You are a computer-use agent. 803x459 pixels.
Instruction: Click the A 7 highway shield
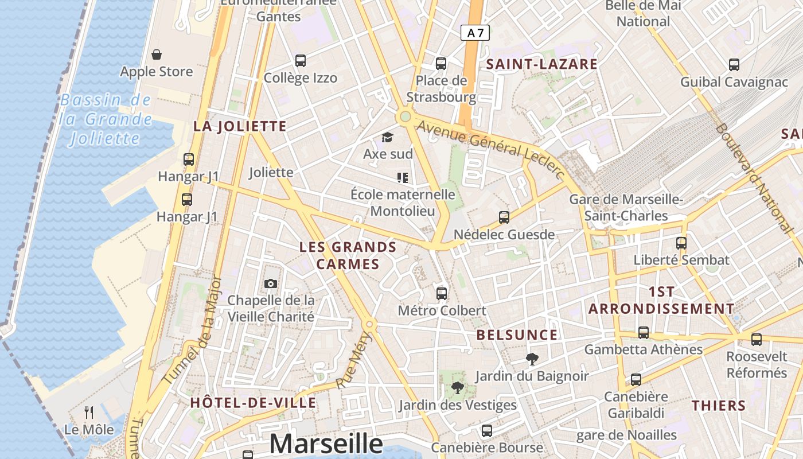click(475, 33)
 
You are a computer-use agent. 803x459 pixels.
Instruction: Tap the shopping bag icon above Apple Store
click(157, 55)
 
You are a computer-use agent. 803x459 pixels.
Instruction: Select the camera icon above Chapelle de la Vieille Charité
click(271, 283)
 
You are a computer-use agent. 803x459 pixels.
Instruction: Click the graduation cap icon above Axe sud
click(387, 137)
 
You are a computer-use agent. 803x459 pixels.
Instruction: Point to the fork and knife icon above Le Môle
click(89, 412)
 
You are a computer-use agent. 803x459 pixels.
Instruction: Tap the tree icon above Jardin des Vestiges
click(457, 388)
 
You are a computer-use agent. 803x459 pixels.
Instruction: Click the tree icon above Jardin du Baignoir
click(532, 359)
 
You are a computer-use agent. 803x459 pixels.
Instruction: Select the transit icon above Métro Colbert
click(442, 294)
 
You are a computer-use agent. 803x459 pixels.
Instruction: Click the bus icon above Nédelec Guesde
click(504, 217)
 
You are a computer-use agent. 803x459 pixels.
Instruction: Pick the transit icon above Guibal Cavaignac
click(734, 65)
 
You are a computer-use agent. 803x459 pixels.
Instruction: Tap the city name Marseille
click(326, 444)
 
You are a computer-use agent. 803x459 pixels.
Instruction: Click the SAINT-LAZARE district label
click(542, 64)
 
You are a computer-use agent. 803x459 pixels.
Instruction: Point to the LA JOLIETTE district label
click(240, 126)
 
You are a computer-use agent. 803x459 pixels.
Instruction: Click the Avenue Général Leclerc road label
click(491, 148)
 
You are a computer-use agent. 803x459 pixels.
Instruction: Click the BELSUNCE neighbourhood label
click(517, 335)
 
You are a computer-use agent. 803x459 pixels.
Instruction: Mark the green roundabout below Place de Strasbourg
click(406, 116)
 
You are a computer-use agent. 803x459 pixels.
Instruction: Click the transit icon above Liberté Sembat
click(681, 243)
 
